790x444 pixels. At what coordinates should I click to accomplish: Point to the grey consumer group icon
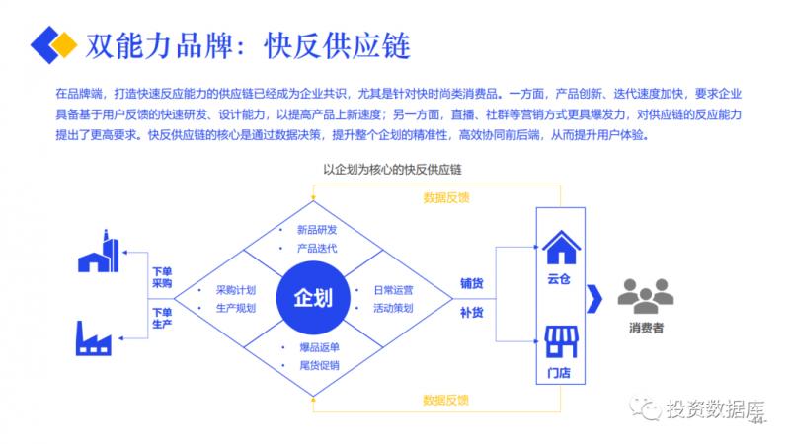(x=646, y=293)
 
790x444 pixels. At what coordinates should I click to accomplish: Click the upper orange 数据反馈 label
(x=445, y=197)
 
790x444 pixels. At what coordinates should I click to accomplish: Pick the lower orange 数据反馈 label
(x=445, y=400)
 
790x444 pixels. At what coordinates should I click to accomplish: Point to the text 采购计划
(x=236, y=290)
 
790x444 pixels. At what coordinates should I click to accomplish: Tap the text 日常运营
(x=393, y=290)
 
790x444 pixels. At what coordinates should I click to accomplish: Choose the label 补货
(x=471, y=313)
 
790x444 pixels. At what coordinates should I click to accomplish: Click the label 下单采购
(x=162, y=277)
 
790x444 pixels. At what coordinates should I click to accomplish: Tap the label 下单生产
(x=162, y=318)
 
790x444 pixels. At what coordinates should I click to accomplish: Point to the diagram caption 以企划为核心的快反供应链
(x=393, y=169)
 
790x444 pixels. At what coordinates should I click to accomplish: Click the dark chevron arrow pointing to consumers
(x=594, y=296)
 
